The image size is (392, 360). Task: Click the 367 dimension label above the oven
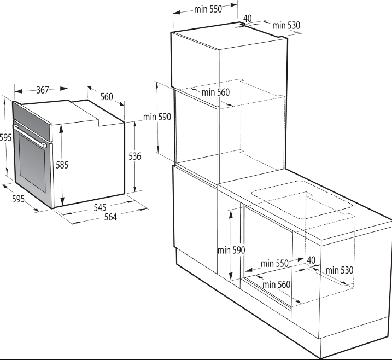point(43,90)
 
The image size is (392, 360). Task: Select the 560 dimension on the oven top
point(107,97)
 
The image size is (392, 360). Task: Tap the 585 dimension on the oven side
point(62,165)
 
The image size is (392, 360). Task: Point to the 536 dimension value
point(134,156)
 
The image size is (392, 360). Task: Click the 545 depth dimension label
point(100,207)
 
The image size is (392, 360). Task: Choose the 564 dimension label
point(110,217)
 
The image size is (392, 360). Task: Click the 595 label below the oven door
point(18,199)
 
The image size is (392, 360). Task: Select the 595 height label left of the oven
point(6,137)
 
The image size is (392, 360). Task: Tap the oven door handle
point(30,136)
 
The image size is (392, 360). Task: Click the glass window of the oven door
point(32,162)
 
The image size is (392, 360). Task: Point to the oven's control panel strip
point(32,121)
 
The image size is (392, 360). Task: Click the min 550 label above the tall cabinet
point(208,9)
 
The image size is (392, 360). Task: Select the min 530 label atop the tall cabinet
point(286,25)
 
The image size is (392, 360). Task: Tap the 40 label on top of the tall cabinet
point(247,18)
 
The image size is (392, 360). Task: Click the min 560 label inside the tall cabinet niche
point(215,92)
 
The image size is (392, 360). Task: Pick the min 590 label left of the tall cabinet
point(157,117)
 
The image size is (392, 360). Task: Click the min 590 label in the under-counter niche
point(231,250)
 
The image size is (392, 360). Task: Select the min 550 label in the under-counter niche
point(274,263)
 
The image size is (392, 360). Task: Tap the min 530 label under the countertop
point(340,270)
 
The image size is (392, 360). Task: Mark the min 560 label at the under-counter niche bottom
point(276,284)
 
